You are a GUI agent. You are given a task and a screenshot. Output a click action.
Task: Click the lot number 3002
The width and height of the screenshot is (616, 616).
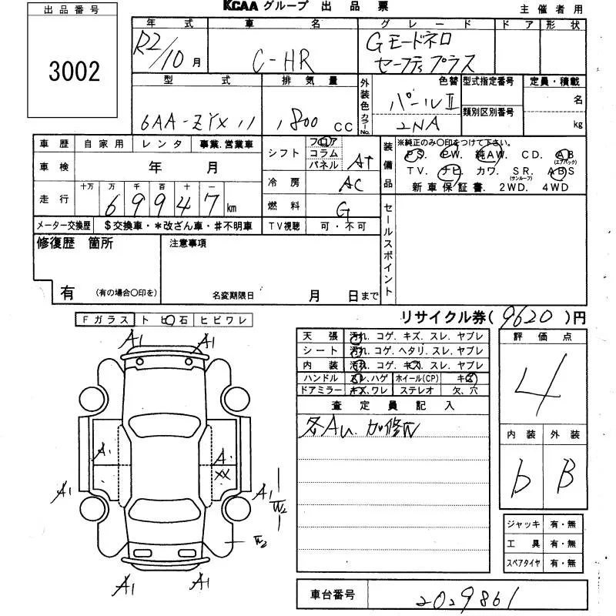(x=74, y=72)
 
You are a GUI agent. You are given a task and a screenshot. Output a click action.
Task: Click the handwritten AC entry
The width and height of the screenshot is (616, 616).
(x=352, y=183)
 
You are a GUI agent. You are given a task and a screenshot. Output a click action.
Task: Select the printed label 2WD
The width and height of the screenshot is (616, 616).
(x=513, y=186)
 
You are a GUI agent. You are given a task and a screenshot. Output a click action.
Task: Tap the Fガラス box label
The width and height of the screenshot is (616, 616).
(x=105, y=319)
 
